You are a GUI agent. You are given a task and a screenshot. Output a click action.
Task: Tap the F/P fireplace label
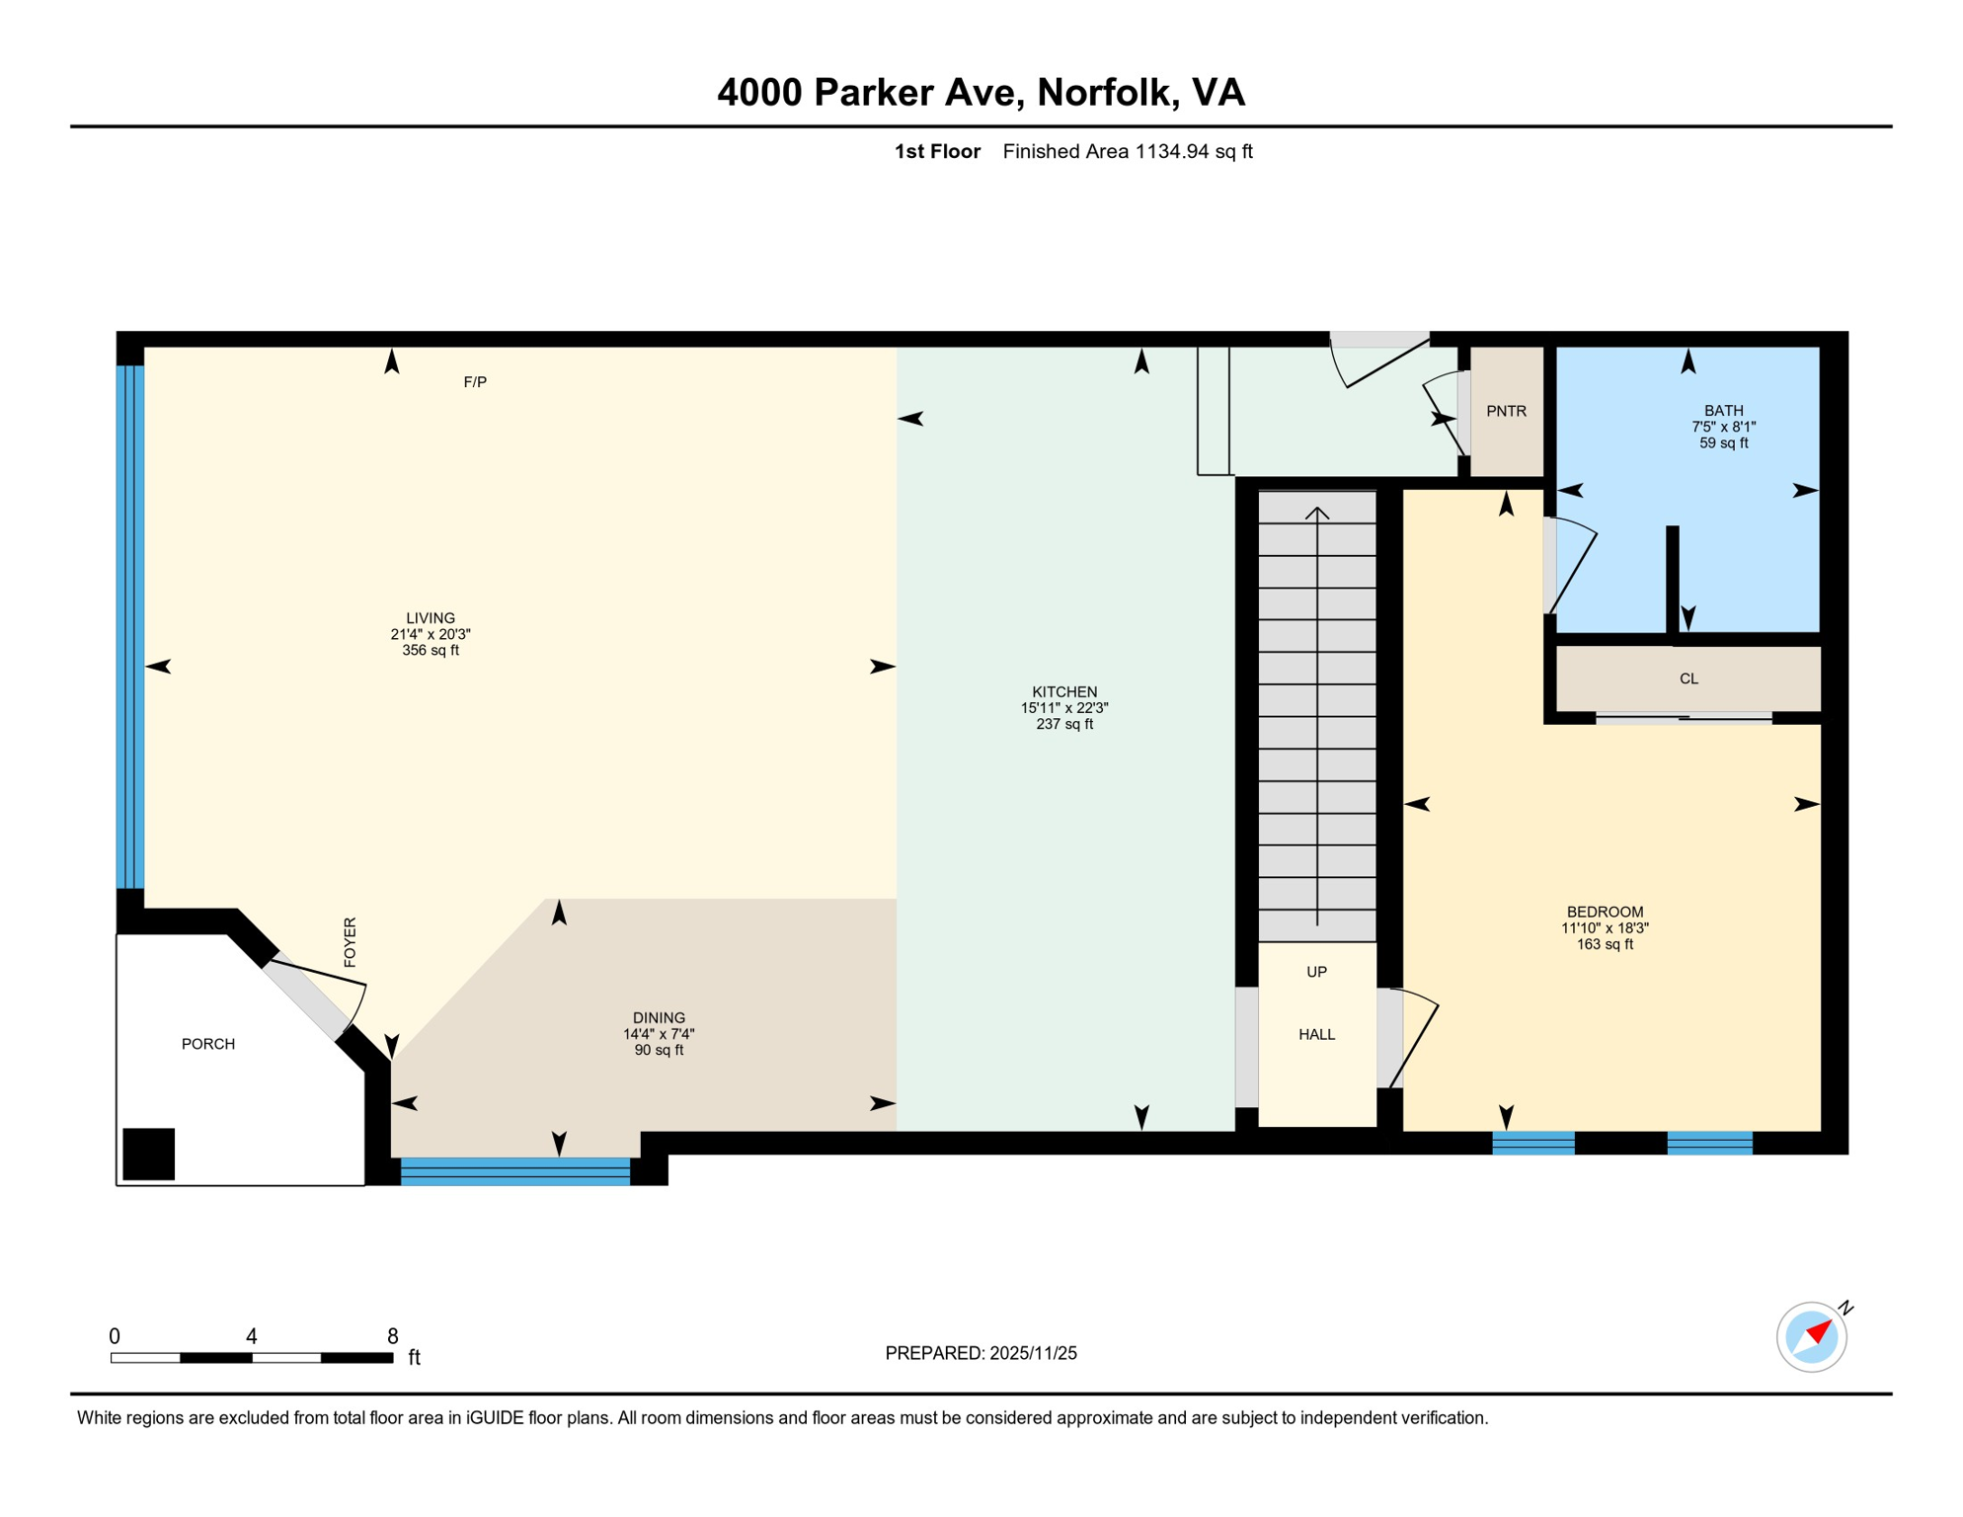tap(475, 382)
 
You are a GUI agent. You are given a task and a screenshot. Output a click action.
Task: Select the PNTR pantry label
tap(1506, 411)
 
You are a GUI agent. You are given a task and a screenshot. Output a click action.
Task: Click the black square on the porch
tap(149, 1154)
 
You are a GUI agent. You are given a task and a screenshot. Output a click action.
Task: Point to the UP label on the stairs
tap(1316, 972)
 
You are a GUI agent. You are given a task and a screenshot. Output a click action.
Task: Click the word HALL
tap(1316, 1034)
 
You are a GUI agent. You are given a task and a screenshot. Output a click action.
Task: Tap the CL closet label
tap(1688, 679)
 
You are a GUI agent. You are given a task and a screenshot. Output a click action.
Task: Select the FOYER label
tap(350, 942)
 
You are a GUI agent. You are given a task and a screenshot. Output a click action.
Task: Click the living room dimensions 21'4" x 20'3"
tap(431, 634)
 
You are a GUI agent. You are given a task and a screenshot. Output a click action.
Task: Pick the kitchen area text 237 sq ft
tap(1064, 724)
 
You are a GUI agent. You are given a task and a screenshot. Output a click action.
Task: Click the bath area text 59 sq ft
tap(1723, 443)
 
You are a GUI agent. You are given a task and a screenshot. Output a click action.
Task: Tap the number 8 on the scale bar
tap(392, 1336)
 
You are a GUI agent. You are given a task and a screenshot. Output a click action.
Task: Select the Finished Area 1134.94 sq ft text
tap(1127, 151)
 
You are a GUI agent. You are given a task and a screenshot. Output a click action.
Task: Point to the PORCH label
tap(208, 1044)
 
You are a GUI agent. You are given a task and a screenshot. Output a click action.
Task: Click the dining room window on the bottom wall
tap(514, 1171)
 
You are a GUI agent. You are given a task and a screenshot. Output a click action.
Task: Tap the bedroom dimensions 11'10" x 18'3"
tap(1605, 928)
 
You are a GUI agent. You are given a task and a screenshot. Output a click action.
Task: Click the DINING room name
tap(659, 1017)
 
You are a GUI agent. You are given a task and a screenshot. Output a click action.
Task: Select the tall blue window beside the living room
tap(130, 627)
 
